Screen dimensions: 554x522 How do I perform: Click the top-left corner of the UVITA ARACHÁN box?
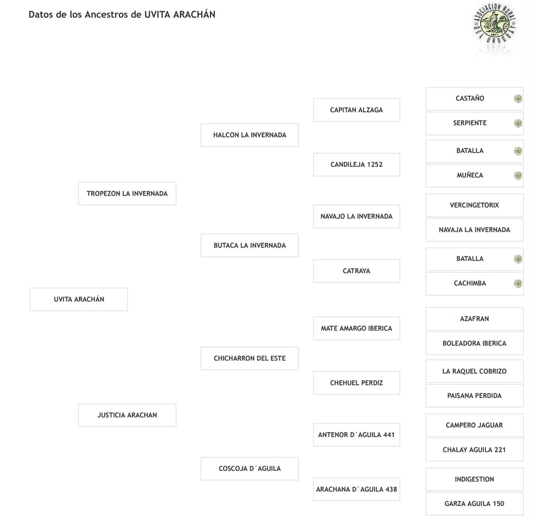click(30, 288)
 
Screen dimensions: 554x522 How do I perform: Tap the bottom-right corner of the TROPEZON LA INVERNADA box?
click(176, 205)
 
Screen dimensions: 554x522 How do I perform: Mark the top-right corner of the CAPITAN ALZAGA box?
click(400, 99)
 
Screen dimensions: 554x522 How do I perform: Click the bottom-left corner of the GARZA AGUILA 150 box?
click(426, 515)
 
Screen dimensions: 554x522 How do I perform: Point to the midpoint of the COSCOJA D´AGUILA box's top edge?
click(250, 457)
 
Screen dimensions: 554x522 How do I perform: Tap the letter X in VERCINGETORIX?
click(496, 205)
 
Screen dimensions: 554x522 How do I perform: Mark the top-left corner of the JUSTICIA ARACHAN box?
click(78, 404)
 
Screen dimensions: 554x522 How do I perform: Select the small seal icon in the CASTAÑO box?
click(518, 98)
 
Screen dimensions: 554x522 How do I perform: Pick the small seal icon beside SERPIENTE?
click(518, 123)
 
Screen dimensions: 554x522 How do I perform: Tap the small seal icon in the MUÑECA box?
click(518, 175)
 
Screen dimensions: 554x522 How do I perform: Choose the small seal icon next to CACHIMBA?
click(518, 283)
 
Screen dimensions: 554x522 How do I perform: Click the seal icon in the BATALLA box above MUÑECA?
click(518, 151)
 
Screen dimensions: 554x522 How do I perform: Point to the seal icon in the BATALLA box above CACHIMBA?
click(518, 259)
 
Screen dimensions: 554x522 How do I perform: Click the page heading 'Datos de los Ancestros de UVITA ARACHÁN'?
click(122, 15)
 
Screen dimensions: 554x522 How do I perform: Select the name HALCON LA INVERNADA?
click(250, 135)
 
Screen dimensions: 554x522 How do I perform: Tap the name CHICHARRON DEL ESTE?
click(250, 358)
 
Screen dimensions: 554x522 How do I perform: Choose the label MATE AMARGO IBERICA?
click(356, 328)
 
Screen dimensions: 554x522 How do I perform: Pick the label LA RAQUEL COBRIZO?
click(475, 371)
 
